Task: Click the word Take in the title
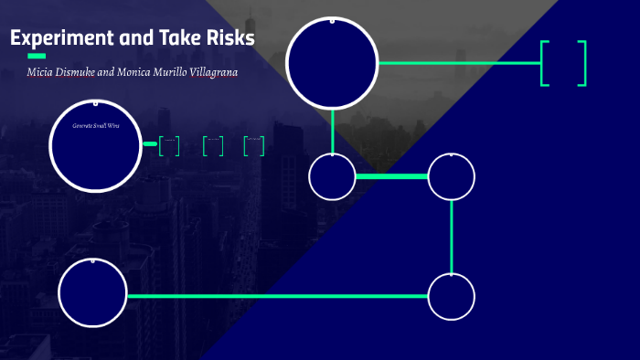[x=172, y=39]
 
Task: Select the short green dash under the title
[x=37, y=57]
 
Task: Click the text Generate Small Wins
[x=96, y=125]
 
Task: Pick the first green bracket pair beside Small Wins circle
[x=169, y=145]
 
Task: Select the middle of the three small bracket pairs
[x=213, y=145]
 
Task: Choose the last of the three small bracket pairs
[x=254, y=145]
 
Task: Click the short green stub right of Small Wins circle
[x=150, y=143]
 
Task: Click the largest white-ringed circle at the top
[x=332, y=62]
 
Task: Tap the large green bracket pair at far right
[x=563, y=63]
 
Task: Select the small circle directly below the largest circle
[x=332, y=177]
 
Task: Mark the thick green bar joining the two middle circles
[x=391, y=176]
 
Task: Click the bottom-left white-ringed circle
[x=92, y=294]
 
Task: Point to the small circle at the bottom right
[x=452, y=296]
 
